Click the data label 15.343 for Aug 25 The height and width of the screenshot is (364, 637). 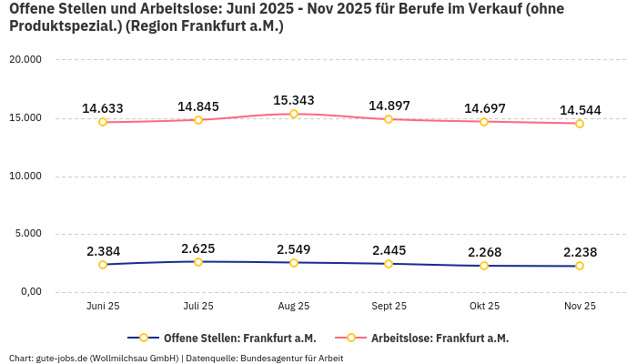pos(293,99)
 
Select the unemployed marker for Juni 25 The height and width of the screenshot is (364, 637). pos(103,122)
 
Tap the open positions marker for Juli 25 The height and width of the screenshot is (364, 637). pos(198,262)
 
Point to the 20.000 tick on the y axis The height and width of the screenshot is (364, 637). pos(25,60)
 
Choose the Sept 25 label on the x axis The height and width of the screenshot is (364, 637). pos(389,307)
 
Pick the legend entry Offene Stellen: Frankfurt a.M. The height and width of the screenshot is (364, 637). pos(227,339)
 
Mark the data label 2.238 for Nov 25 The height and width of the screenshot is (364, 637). pos(580,253)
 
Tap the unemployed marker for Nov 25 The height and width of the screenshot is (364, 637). pos(580,124)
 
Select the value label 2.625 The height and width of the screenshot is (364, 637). pos(198,248)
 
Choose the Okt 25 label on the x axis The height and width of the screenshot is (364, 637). pos(484,307)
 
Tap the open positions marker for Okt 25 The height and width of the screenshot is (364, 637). pos(484,266)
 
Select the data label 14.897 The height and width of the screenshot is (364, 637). pos(389,106)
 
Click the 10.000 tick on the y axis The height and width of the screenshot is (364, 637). pos(25,176)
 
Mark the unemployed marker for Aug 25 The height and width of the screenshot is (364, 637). pos(293,114)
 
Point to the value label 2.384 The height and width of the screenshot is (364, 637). pos(103,251)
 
